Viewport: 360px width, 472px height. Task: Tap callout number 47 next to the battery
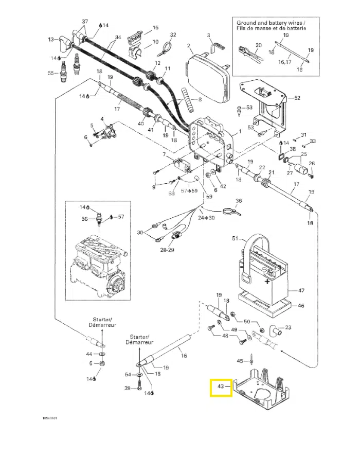click(301, 291)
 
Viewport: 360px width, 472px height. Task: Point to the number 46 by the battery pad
click(301, 305)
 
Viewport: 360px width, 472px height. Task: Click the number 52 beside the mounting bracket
click(297, 97)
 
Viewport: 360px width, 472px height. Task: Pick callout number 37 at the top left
click(85, 21)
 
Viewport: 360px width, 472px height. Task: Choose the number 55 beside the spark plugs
click(50, 73)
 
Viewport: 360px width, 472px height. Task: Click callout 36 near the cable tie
click(238, 201)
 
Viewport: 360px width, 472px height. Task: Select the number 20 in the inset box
click(259, 45)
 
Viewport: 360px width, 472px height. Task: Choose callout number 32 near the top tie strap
click(173, 34)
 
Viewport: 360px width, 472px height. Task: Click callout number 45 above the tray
click(240, 361)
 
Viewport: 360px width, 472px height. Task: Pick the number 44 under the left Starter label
click(89, 354)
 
